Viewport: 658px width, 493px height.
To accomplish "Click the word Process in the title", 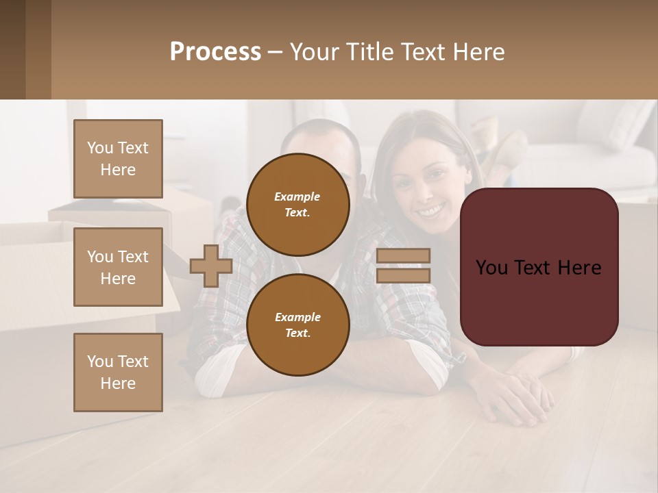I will click(215, 52).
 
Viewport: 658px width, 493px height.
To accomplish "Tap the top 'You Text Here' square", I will click(118, 159).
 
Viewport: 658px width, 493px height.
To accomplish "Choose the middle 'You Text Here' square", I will click(118, 267).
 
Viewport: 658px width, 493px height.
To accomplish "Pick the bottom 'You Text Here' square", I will click(118, 372).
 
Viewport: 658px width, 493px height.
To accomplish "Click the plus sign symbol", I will click(211, 266).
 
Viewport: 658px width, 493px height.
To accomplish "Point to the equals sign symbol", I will click(404, 266).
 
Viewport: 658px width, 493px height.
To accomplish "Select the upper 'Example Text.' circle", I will click(297, 204).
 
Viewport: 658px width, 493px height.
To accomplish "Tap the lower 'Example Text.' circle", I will click(297, 325).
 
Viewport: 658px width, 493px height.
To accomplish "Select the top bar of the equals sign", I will click(404, 255).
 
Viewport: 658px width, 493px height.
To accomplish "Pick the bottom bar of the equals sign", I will click(404, 275).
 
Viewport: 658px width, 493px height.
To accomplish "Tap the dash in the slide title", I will click(275, 52).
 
